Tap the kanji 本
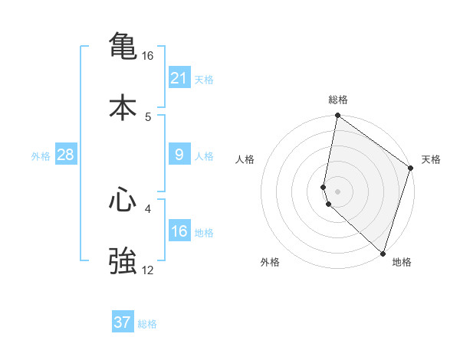coord(123,107)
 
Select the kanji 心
coord(123,200)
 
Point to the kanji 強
coord(123,260)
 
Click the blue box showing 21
coord(179,77)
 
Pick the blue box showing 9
coord(179,155)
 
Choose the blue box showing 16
coord(179,231)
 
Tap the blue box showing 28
coord(65,155)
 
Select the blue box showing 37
coord(123,322)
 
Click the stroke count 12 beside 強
coord(148,270)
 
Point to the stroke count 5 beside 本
coord(148,116)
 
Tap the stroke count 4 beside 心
coord(148,208)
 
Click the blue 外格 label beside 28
coord(41,155)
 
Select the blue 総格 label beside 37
coord(147,323)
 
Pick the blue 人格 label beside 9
coord(204,155)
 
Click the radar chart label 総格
coord(337,100)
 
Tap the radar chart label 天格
coord(431,159)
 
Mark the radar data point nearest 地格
coord(383,254)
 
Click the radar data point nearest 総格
coord(337,116)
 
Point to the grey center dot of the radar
coord(337,191)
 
